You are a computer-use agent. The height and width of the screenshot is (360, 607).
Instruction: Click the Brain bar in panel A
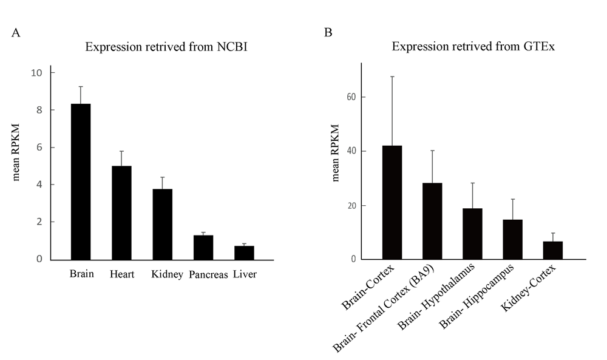tap(81, 182)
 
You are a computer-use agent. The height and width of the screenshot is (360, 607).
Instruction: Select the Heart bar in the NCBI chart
tap(121, 212)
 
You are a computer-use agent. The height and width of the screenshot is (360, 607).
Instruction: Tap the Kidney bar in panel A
tap(162, 224)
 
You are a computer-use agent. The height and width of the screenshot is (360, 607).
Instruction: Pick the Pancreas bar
tap(203, 247)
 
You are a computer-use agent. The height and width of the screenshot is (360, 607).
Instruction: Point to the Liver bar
tap(244, 253)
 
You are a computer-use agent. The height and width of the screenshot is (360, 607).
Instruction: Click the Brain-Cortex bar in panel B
tap(392, 203)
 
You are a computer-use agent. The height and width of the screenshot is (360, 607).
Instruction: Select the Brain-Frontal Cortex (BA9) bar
tap(432, 221)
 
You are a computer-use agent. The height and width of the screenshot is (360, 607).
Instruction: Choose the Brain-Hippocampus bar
tap(512, 239)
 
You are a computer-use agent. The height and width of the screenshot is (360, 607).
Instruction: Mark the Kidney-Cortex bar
tap(552, 250)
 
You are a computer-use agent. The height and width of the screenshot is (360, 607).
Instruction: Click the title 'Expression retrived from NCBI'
tap(166, 47)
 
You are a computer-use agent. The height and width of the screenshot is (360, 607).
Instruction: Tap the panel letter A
tap(16, 33)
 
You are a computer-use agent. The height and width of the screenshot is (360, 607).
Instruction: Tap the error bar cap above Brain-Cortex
tap(392, 76)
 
